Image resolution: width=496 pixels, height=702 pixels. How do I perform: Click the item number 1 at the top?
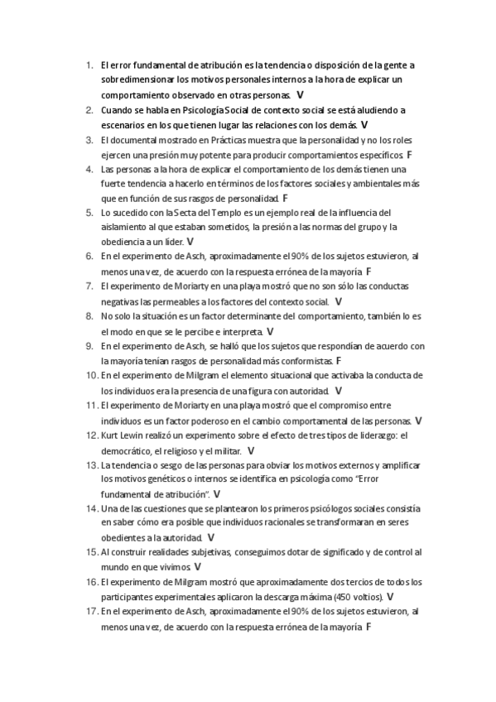tap(88, 65)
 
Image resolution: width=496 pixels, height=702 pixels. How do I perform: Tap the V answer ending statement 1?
tap(299, 95)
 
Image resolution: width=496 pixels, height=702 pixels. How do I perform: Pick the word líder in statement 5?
tap(171, 242)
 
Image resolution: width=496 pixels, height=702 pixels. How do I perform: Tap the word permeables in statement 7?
tap(185, 301)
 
